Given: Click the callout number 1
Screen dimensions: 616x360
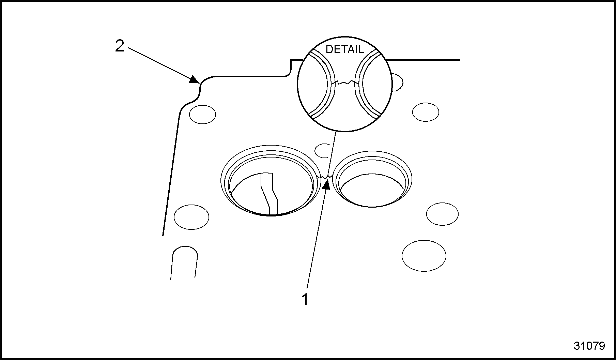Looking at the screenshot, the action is tap(305, 299).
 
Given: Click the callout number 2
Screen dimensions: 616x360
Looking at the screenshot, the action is tap(120, 46).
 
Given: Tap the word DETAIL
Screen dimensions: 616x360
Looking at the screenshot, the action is tap(344, 49).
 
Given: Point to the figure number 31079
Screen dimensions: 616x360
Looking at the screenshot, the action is tap(589, 346).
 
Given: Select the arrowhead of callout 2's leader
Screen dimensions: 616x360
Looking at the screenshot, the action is tap(195, 80).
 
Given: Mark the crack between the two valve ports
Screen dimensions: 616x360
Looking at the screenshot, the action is tap(325, 177).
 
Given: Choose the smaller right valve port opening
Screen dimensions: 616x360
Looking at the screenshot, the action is tap(372, 179).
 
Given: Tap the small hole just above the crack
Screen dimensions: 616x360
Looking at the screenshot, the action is tap(323, 150).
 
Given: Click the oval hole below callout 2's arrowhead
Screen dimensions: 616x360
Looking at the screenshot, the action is tap(202, 114).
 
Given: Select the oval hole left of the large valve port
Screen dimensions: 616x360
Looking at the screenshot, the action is tap(191, 217).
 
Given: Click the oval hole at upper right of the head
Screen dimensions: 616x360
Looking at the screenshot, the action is tap(426, 112).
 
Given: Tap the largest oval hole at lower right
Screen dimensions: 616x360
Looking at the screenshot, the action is tap(424, 256).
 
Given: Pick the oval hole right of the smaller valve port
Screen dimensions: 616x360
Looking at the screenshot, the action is tap(442, 214).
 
